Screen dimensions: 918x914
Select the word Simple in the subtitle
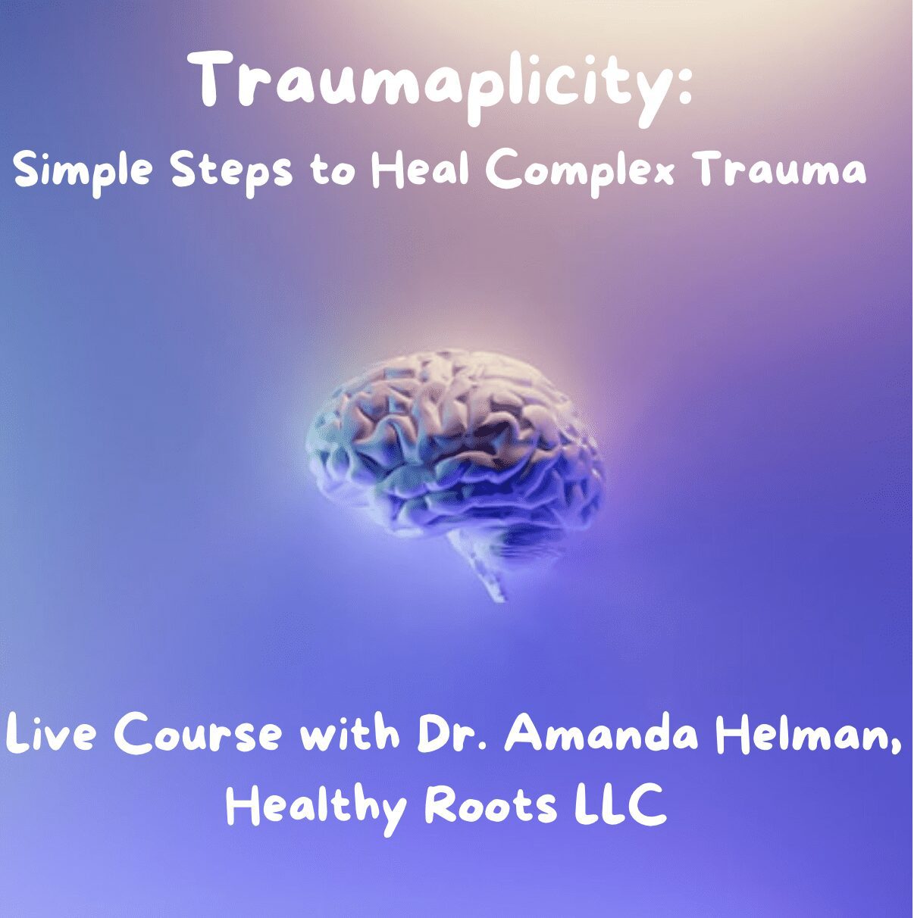click(84, 173)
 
